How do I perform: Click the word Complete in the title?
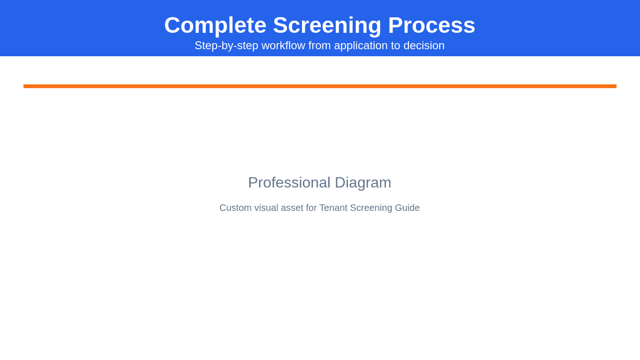215,25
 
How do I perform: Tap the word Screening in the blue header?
327,25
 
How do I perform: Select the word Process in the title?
431,25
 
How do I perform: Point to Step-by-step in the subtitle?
226,45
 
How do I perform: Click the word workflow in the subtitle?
283,45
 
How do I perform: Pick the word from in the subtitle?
320,45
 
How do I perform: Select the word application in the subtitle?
361,45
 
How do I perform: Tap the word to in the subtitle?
396,45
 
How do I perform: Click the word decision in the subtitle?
424,45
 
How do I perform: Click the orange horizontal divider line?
320,86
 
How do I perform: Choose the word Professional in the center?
289,182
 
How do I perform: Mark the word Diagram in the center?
363,182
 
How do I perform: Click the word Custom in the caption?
235,208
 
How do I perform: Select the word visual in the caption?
266,208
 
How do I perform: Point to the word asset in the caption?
292,208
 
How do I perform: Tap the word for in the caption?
311,208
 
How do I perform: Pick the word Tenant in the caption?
333,208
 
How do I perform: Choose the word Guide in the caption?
407,208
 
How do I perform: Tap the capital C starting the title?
172,25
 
